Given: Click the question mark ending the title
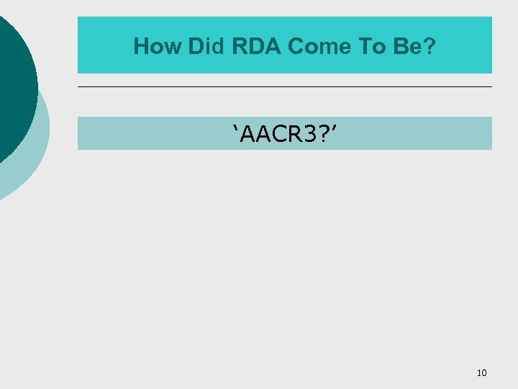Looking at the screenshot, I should (429, 47).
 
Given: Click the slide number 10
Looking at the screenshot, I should (481, 372).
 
